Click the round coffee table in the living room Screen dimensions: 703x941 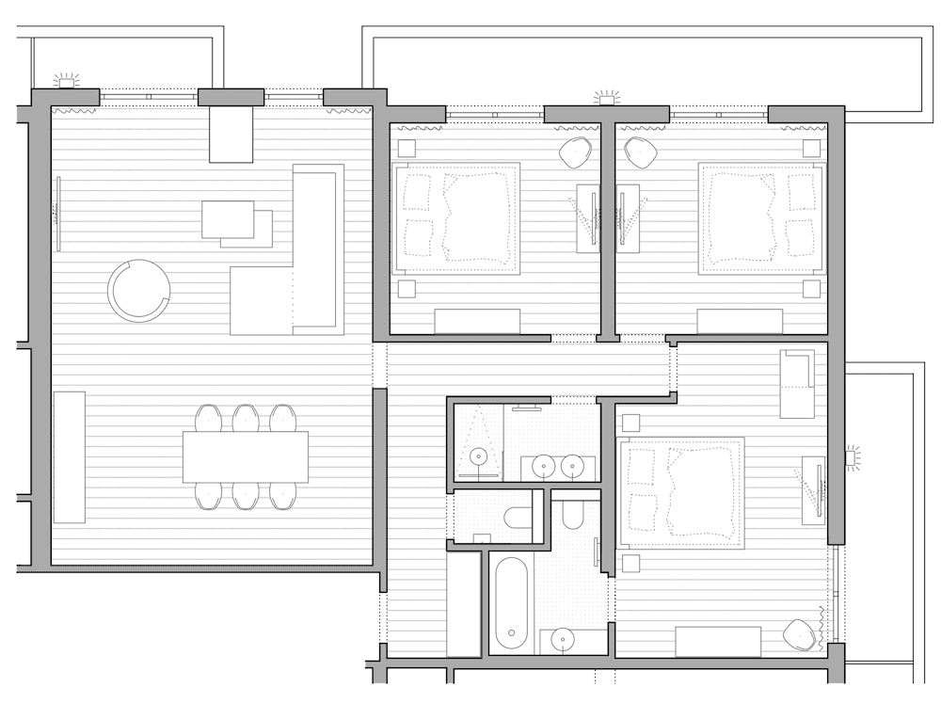(x=139, y=290)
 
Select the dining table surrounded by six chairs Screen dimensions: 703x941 (x=246, y=456)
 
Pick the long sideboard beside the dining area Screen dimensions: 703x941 (x=69, y=456)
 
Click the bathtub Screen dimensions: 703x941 (x=510, y=602)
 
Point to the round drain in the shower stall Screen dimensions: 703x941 (x=479, y=457)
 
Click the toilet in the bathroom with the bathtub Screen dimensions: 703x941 (x=573, y=514)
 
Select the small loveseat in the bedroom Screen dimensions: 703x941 (x=797, y=383)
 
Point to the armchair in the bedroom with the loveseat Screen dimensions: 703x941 (x=800, y=635)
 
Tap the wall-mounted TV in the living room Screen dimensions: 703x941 (x=59, y=214)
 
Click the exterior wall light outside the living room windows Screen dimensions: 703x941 (x=66, y=82)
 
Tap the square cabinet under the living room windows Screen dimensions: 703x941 (x=231, y=135)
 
